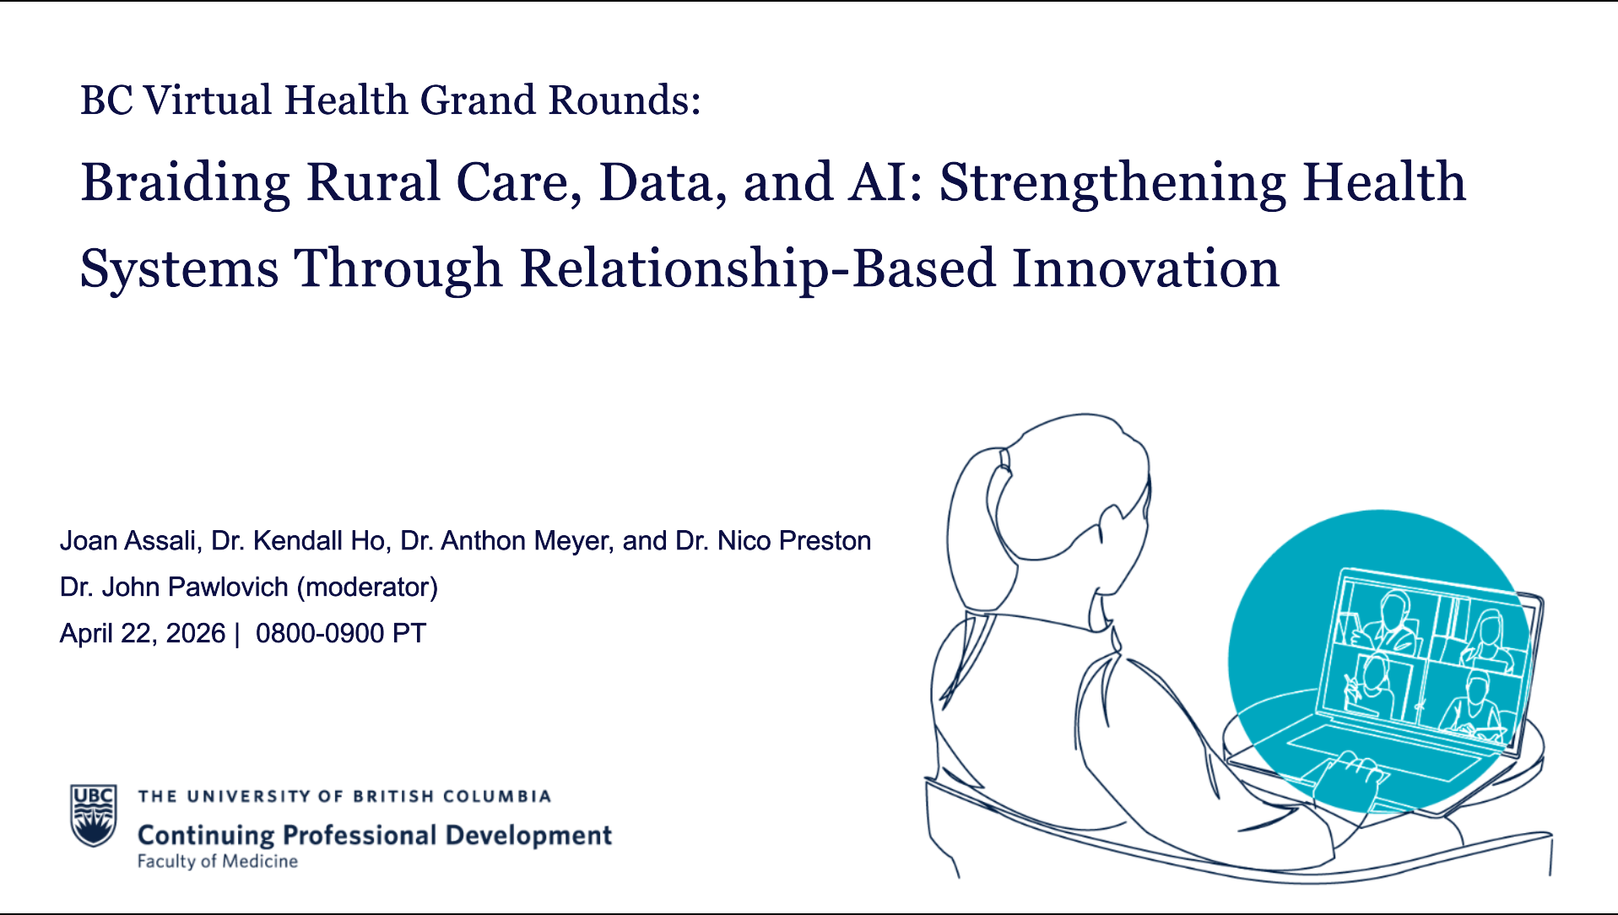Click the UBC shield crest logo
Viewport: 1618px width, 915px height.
point(93,815)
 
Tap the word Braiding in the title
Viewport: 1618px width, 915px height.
point(185,183)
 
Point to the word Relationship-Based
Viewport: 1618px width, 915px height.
point(757,268)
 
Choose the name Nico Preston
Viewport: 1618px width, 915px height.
point(793,540)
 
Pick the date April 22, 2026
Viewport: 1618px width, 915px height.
point(142,633)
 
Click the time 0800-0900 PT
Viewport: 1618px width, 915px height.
point(340,633)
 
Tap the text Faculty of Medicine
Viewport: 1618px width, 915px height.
point(217,862)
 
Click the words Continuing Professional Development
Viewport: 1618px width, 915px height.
point(374,835)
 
